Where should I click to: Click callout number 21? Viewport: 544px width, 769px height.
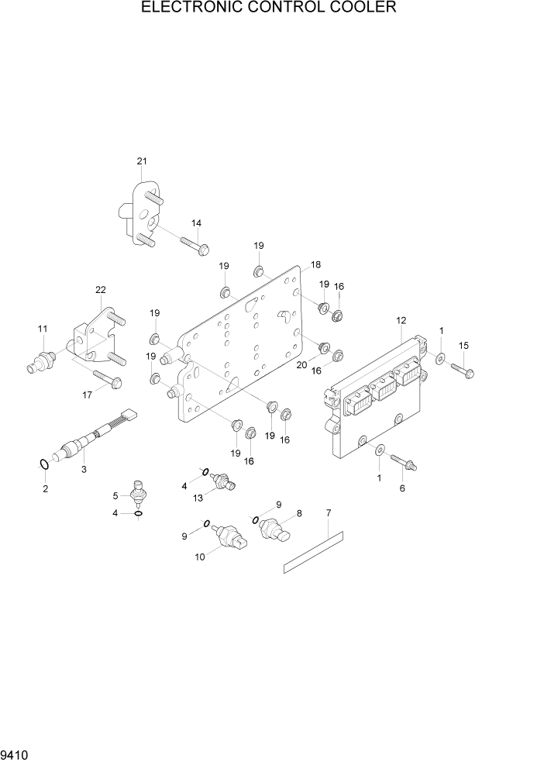pos(142,161)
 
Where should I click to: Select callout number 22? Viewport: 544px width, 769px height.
pos(101,290)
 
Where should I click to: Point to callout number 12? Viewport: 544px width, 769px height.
pos(401,320)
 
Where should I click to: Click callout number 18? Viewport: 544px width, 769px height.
pos(315,265)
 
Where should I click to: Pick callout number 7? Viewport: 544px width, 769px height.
pos(329,513)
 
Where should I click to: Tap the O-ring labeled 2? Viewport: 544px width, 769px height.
pos(44,464)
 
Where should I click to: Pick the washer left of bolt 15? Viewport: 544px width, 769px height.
pos(441,359)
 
